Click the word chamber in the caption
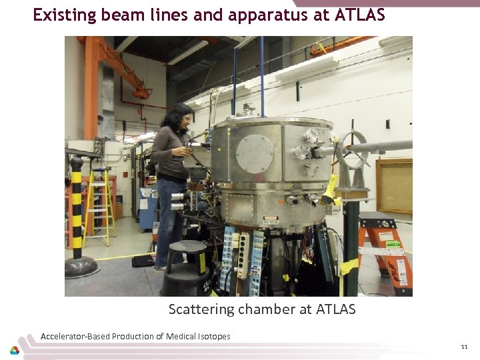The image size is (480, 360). (x=263, y=309)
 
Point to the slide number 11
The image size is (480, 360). (x=464, y=347)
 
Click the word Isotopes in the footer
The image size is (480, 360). (x=213, y=336)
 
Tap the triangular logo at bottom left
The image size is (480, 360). (x=15, y=351)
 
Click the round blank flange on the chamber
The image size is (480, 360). (x=255, y=153)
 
